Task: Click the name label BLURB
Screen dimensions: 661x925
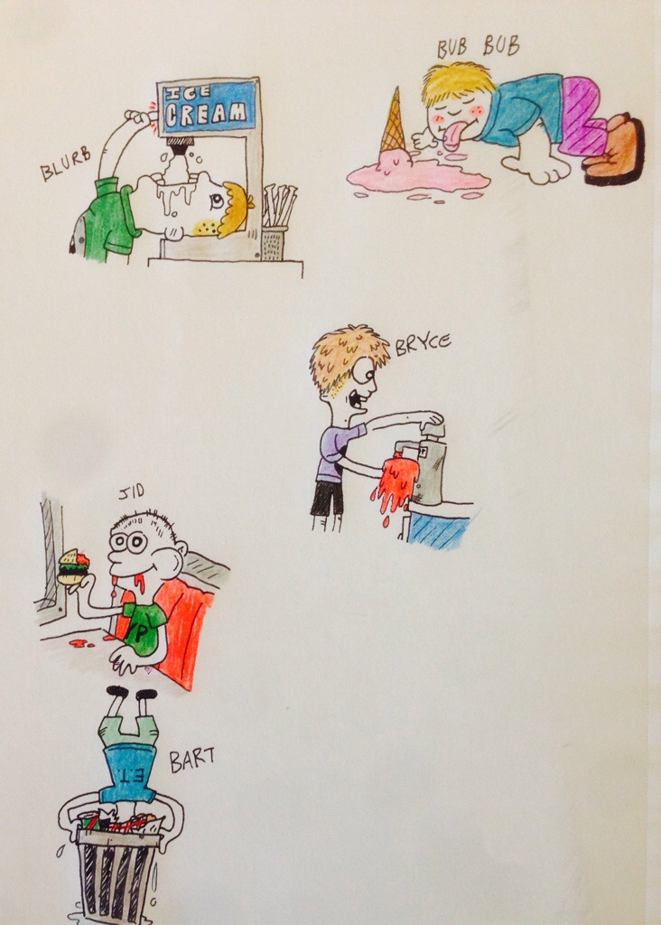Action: pyautogui.click(x=65, y=164)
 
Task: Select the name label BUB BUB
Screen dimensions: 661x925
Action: pyautogui.click(x=479, y=47)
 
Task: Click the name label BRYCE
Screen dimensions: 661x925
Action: pyautogui.click(x=423, y=345)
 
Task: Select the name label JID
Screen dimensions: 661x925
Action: pyautogui.click(x=132, y=493)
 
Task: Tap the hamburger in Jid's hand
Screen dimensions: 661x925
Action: pyautogui.click(x=73, y=567)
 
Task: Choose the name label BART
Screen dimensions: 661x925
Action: pyautogui.click(x=191, y=760)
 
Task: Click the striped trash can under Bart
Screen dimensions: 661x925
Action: pyautogui.click(x=117, y=874)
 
